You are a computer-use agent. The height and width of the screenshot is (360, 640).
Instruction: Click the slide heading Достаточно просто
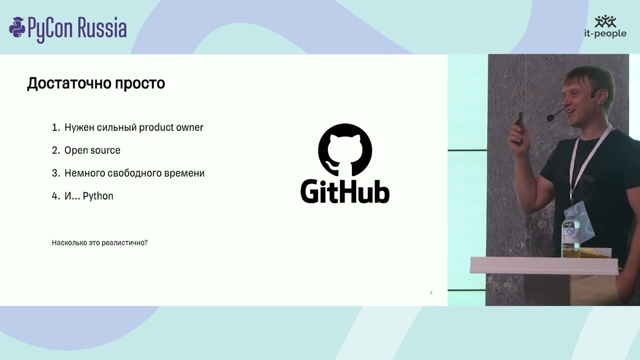tap(96, 83)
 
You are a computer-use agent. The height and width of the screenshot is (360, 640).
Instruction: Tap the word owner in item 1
tap(189, 127)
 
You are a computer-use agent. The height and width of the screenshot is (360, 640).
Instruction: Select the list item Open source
tap(92, 150)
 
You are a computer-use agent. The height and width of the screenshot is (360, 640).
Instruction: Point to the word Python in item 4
tap(98, 196)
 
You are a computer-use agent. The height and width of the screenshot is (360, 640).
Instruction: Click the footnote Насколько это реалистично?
tap(99, 243)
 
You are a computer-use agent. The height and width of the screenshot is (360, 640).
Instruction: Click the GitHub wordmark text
tap(345, 191)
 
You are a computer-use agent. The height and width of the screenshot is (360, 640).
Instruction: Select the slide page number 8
tap(431, 293)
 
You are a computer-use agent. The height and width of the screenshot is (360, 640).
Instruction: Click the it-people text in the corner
tap(605, 33)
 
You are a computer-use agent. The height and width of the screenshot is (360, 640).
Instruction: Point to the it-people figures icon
tap(605, 21)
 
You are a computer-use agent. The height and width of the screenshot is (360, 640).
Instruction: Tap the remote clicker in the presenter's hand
tap(520, 120)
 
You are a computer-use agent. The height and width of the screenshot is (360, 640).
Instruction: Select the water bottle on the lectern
tap(570, 235)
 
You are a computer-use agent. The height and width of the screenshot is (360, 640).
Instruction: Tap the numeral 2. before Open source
tap(55, 150)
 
